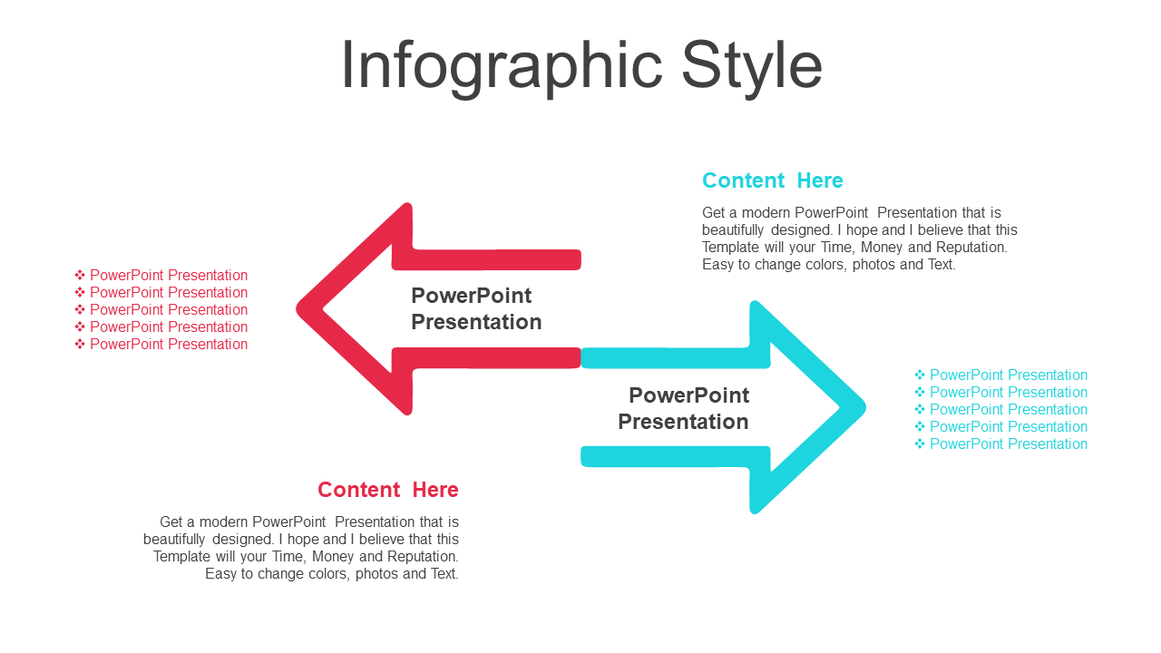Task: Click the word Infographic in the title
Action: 502,67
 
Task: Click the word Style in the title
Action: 752,67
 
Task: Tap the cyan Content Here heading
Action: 772,180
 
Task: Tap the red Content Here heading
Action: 388,490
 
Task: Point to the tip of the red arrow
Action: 297,309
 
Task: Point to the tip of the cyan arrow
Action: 864,407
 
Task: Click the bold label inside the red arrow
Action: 476,309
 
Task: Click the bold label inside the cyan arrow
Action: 684,408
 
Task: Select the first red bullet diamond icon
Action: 80,275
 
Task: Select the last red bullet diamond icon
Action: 80,344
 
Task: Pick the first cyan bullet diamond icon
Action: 920,375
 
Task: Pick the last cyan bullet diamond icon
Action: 920,443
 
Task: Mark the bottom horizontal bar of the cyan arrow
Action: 675,456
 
